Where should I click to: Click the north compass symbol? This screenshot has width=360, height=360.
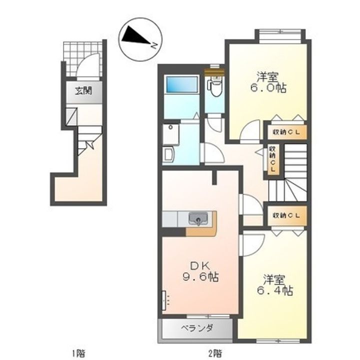click(140, 39)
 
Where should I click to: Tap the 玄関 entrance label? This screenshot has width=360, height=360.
click(83, 91)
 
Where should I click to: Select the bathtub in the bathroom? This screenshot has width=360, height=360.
click(182, 84)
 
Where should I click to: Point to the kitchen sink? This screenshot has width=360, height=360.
click(198, 218)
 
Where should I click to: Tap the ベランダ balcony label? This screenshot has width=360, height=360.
click(197, 328)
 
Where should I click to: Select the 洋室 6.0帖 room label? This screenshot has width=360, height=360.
click(267, 82)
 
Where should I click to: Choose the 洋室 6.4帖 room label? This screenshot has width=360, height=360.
click(274, 284)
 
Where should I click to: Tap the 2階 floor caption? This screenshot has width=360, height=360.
click(215, 353)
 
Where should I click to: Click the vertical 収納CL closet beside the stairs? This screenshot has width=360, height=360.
click(273, 158)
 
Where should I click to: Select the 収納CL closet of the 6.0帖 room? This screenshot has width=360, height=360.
click(287, 132)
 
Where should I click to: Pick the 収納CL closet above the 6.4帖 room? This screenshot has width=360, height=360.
click(287, 215)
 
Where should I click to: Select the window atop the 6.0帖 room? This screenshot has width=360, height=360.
click(280, 36)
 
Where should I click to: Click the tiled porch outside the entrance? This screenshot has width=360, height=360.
click(82, 58)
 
